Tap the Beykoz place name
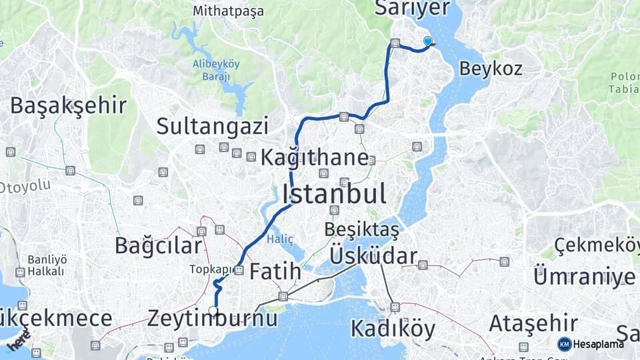click(x=490, y=68)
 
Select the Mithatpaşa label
click(x=228, y=11)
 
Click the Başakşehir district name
click(x=68, y=105)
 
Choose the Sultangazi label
click(x=213, y=125)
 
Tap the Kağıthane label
click(x=314, y=158)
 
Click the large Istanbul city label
click(x=334, y=194)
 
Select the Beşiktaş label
click(x=361, y=229)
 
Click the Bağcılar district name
click(x=158, y=245)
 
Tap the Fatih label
click(x=275, y=271)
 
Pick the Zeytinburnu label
click(x=213, y=318)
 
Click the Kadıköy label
click(x=393, y=329)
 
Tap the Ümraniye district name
click(x=584, y=275)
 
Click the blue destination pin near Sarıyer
click(x=427, y=41)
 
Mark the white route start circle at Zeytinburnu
click(x=213, y=310)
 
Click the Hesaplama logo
click(x=591, y=344)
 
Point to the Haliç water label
click(x=280, y=238)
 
